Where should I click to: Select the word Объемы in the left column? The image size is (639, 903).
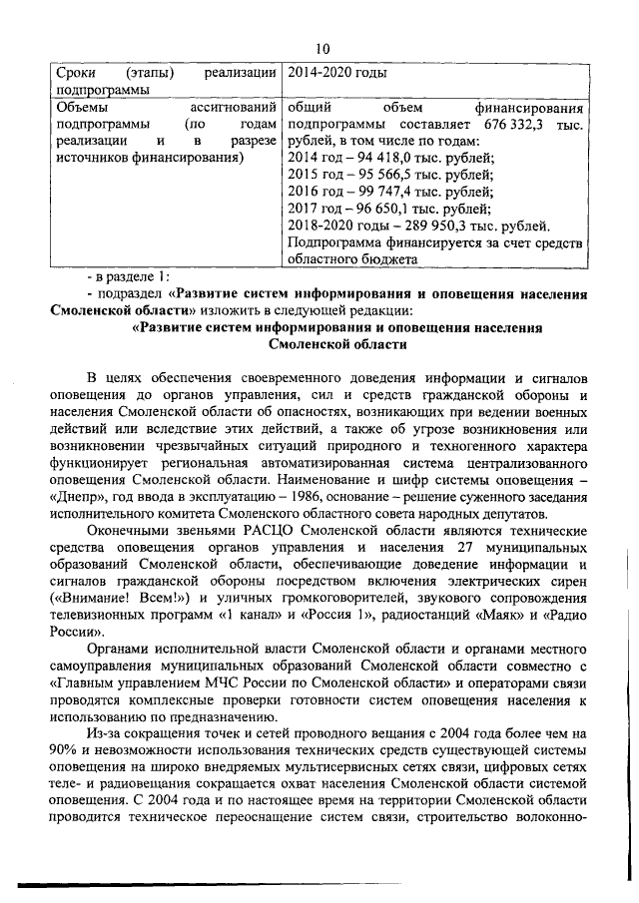[x=86, y=105]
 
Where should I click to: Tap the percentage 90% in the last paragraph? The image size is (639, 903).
[x=71, y=752]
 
